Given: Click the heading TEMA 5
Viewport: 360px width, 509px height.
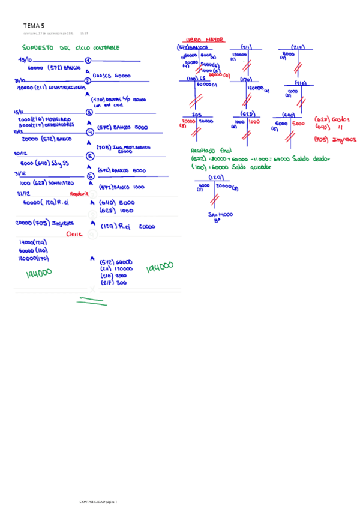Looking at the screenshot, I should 34,26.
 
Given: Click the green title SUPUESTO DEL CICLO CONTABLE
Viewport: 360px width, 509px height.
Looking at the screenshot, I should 70,47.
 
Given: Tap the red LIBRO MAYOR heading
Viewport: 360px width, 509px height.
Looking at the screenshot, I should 206,40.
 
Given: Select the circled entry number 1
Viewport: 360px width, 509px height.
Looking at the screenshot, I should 88,61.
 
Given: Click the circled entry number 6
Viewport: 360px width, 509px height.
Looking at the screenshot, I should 90,176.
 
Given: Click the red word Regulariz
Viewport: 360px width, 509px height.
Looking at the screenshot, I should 80,194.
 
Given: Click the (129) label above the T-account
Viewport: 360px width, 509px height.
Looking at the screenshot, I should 215,178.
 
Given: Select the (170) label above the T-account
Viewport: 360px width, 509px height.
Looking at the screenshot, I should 245,79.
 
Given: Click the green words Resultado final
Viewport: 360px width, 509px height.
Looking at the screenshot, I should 211,151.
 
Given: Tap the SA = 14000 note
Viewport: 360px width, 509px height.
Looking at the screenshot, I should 220,214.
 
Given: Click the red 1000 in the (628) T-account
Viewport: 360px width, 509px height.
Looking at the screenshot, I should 254,121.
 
